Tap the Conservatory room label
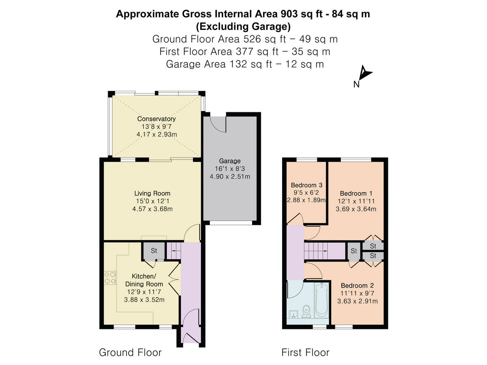click(156, 119)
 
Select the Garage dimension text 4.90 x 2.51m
click(230, 176)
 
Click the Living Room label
click(152, 193)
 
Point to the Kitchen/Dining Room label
click(147, 280)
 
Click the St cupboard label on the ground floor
click(154, 251)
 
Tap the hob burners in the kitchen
click(110, 278)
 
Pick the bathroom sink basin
click(294, 314)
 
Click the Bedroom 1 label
click(356, 193)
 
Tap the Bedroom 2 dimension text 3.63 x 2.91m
click(357, 301)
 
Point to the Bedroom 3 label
click(306, 185)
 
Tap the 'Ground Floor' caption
click(130, 352)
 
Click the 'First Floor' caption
click(305, 352)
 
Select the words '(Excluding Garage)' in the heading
click(243, 27)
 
